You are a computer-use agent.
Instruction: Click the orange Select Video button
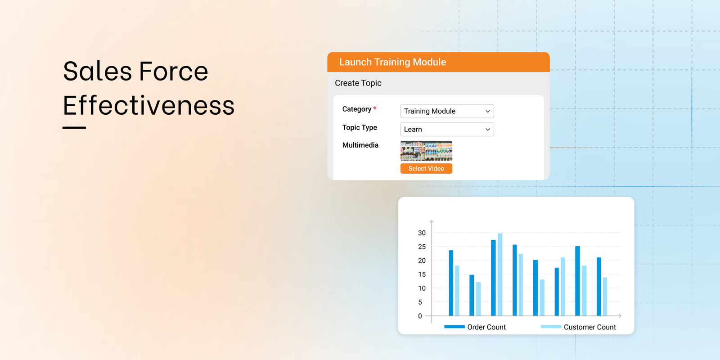point(426,168)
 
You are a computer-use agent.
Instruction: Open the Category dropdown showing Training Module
point(447,111)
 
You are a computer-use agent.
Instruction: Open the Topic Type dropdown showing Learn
point(447,130)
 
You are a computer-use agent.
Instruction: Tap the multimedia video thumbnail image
point(426,151)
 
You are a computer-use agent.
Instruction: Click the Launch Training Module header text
point(392,62)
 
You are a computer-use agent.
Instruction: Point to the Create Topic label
point(358,83)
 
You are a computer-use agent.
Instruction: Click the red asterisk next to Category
point(375,108)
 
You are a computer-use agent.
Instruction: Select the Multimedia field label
point(360,145)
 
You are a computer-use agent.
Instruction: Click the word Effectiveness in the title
point(148,106)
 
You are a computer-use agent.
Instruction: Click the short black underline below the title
point(74,128)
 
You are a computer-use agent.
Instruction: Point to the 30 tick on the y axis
point(422,233)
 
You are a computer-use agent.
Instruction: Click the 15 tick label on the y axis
point(422,274)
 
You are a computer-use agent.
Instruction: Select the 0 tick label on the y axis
point(420,316)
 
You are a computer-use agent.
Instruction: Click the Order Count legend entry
point(475,327)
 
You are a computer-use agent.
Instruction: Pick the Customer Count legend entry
point(579,327)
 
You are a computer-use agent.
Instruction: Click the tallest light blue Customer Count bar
point(500,274)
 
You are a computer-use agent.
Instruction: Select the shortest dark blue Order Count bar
point(472,295)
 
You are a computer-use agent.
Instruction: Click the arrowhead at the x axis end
point(620,316)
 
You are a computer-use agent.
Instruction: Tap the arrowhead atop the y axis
point(432,222)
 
